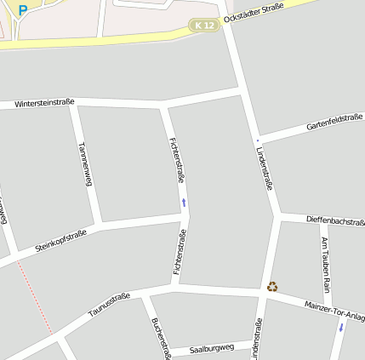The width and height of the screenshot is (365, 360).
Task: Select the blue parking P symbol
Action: point(23,10)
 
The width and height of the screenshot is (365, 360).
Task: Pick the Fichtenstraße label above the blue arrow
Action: point(177,159)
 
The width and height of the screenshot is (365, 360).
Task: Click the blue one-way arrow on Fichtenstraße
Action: point(183,203)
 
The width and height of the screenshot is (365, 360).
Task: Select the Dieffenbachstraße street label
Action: point(334,220)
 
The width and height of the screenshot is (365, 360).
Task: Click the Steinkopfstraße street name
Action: point(61,240)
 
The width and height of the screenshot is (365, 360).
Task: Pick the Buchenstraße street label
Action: point(160,338)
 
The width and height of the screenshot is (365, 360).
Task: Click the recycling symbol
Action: point(272,287)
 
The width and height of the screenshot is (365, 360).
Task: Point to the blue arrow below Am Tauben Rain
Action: point(341,326)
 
